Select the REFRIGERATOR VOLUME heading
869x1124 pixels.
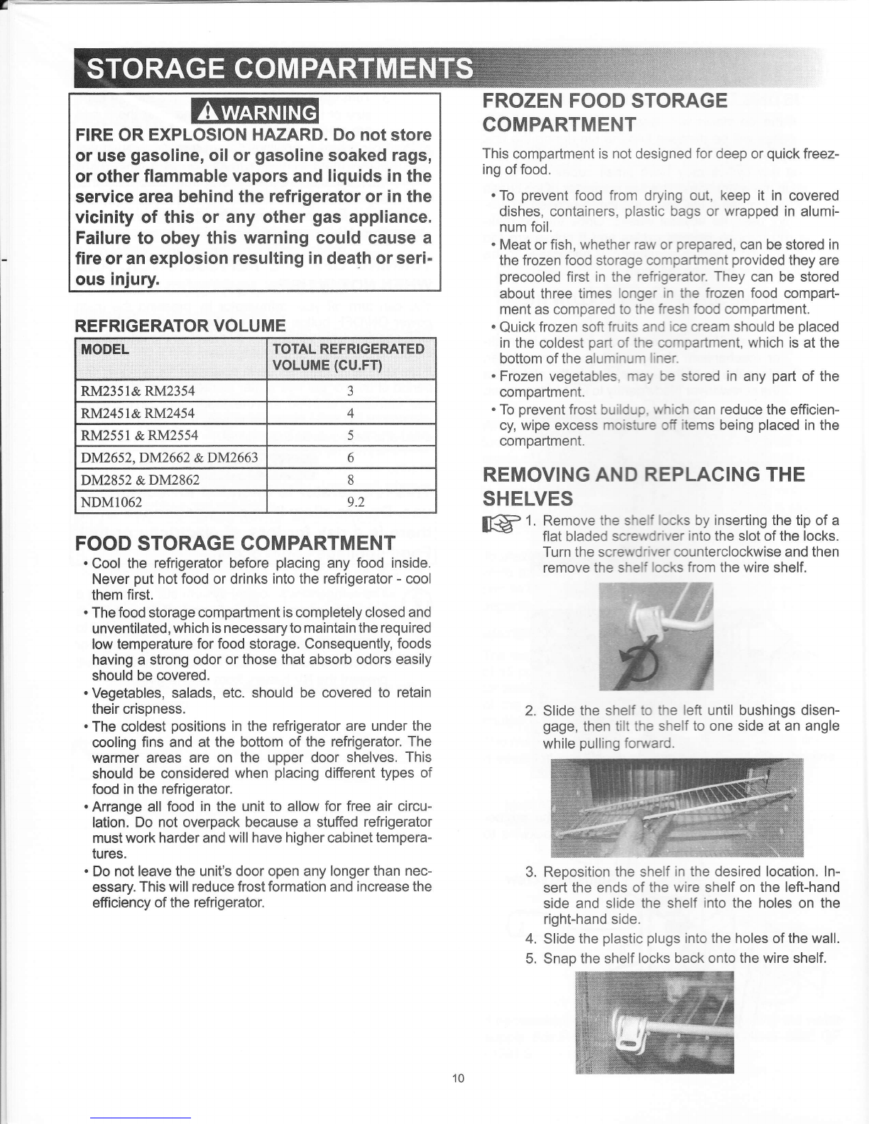(180, 326)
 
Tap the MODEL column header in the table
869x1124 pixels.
(106, 349)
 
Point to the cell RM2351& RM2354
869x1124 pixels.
(138, 390)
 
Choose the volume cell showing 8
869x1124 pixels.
(351, 480)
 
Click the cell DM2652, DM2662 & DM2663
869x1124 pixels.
(170, 458)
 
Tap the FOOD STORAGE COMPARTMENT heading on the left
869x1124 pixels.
(235, 544)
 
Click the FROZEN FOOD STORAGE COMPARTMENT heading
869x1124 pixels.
(604, 112)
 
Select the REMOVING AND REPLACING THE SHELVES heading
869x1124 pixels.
(643, 485)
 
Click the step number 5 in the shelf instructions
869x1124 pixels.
(530, 958)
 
